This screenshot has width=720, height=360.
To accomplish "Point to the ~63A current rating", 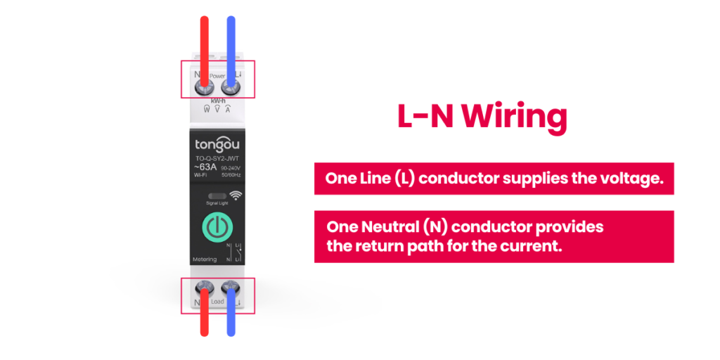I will point(207,167).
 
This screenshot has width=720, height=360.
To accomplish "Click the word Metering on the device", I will point(205,259).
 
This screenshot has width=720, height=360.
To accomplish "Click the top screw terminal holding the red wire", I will point(205,88).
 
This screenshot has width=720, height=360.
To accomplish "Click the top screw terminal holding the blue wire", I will point(230,88).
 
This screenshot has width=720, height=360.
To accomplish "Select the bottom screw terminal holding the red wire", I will point(205,290).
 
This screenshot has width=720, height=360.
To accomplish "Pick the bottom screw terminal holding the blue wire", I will point(230,290).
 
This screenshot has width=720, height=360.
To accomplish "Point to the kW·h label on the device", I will point(217,101).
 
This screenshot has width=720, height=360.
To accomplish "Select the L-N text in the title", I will point(420,117).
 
